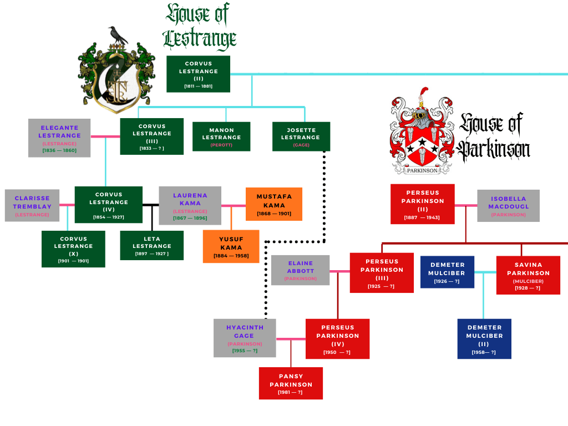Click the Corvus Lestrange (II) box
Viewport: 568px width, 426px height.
point(198,74)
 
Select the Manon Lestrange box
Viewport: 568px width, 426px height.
point(221,136)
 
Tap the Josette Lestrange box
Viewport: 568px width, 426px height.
point(301,136)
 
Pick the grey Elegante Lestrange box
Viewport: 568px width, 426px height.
point(59,138)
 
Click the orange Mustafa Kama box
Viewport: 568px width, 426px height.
point(274,204)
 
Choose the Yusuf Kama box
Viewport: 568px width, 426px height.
point(231,246)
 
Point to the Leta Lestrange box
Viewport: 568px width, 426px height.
point(151,245)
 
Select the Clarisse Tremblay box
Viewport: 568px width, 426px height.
point(32,205)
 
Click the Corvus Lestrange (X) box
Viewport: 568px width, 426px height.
point(73,248)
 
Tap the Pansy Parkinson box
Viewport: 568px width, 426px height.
point(291,383)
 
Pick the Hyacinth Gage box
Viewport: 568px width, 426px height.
point(244,338)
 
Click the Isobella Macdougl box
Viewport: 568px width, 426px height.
point(508,206)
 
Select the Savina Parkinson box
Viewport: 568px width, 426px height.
point(528,275)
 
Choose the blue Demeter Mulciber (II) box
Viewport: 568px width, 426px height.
point(484,338)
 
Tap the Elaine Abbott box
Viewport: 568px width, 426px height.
point(300,270)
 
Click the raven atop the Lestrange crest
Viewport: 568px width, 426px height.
point(117,36)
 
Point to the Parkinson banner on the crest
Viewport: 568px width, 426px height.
point(422,170)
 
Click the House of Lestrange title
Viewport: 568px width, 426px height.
point(200,27)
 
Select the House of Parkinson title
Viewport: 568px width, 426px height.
point(494,136)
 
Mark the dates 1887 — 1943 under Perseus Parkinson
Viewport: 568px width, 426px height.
point(422,217)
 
